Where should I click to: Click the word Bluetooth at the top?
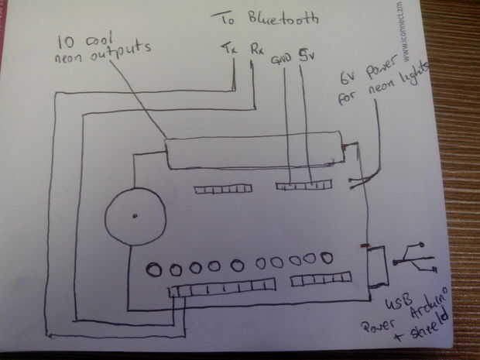(x=284, y=18)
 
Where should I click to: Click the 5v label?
(x=307, y=56)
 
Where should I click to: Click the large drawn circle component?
(x=136, y=216)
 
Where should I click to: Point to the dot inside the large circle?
(x=135, y=214)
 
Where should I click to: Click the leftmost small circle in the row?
(x=154, y=269)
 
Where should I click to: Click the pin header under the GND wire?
(x=303, y=185)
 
